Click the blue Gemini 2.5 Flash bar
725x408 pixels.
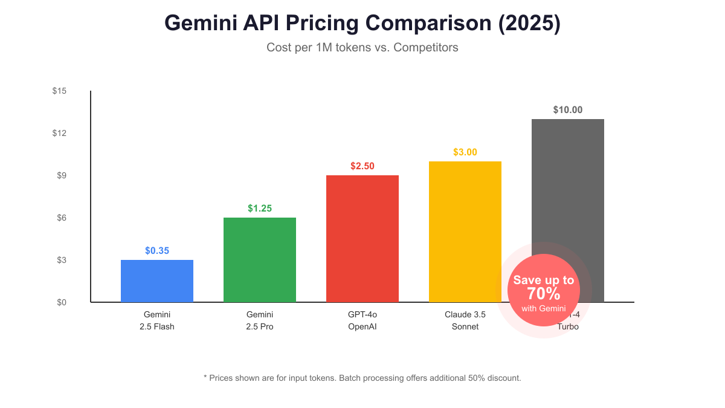tap(157, 281)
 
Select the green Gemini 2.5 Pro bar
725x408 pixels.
tap(260, 260)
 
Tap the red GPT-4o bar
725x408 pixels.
tap(362, 239)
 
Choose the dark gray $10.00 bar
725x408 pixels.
tap(568, 181)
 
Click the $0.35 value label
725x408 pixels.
tap(157, 250)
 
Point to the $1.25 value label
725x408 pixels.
tap(260, 208)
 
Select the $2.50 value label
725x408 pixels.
tap(362, 166)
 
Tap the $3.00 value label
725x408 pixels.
tap(465, 152)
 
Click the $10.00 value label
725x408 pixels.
tap(568, 109)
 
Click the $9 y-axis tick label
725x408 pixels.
tap(61, 175)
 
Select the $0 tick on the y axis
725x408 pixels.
tap(61, 302)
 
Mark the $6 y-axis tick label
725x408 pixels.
tap(61, 218)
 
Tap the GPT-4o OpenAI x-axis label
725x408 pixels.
tap(362, 320)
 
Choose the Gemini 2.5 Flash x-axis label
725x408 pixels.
tap(157, 320)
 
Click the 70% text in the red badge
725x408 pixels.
tap(544, 294)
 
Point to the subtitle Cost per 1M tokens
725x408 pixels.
tap(362, 47)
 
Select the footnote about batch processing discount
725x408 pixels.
tap(362, 378)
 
